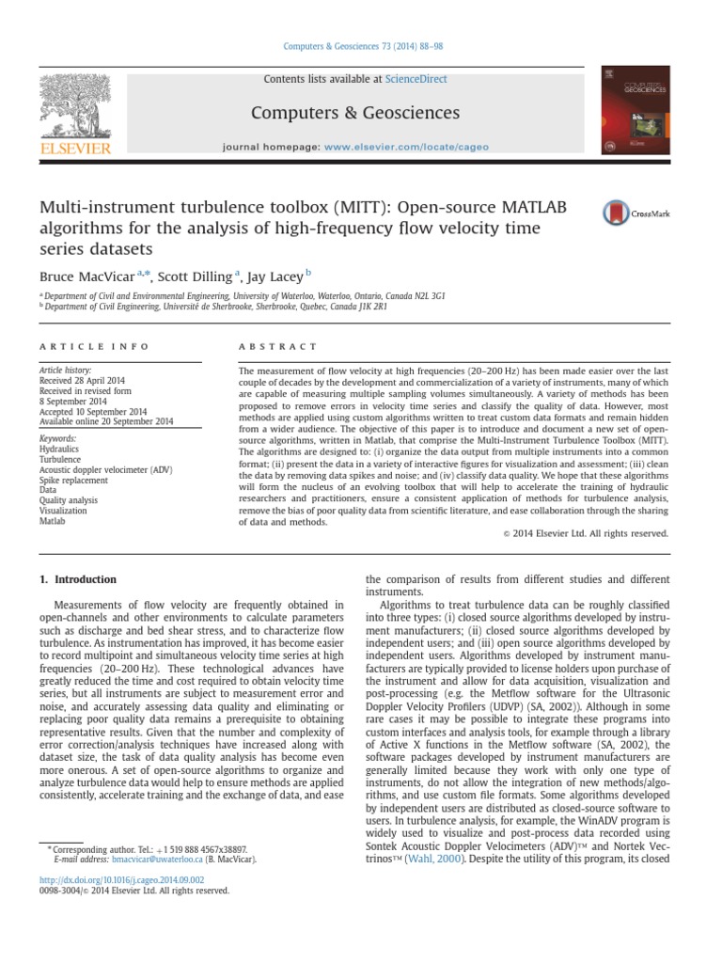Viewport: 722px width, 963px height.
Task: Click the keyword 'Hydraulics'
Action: [x=59, y=450]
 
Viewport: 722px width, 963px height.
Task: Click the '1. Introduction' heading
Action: [x=78, y=579]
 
